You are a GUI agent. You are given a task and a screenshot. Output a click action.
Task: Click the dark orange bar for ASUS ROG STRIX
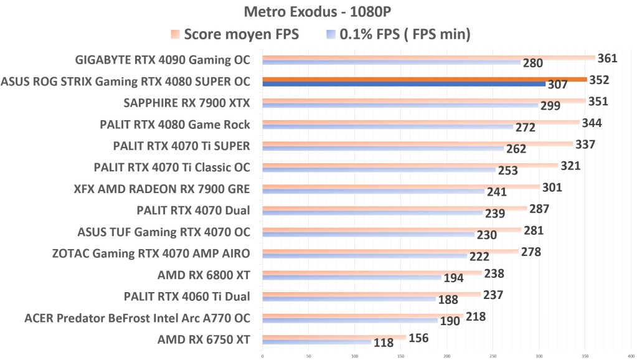pos(424,79)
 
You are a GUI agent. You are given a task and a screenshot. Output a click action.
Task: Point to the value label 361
pos(607,59)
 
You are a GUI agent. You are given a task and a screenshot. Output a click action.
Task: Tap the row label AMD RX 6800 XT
pos(204,275)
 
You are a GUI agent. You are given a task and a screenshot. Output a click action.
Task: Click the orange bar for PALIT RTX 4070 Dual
pos(394,208)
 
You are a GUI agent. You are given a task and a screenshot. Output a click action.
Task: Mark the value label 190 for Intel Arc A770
pos(450,321)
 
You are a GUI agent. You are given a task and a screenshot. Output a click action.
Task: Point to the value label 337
pos(585,144)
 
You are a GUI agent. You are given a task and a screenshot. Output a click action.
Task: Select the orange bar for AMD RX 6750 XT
pos(334,338)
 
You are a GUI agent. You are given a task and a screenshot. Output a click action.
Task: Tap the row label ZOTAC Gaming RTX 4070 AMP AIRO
pos(151,253)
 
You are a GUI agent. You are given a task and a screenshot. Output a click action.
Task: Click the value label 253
pos(507,170)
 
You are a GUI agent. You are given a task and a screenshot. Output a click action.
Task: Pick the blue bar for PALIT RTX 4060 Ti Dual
pos(349,299)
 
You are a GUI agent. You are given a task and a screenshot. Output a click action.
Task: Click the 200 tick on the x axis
pos(446,356)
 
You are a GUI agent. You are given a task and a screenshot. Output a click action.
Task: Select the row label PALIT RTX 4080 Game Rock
pos(175,125)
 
